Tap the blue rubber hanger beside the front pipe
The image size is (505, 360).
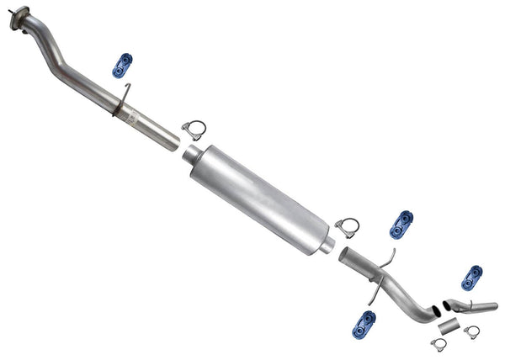[123, 65]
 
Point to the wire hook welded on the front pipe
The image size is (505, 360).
[123, 94]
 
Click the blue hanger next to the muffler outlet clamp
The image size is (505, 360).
[401, 223]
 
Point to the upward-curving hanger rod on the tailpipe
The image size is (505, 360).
[387, 257]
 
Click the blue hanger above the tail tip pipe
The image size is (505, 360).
[473, 277]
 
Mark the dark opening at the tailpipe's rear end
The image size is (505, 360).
[433, 310]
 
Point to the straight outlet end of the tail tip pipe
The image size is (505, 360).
[492, 305]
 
